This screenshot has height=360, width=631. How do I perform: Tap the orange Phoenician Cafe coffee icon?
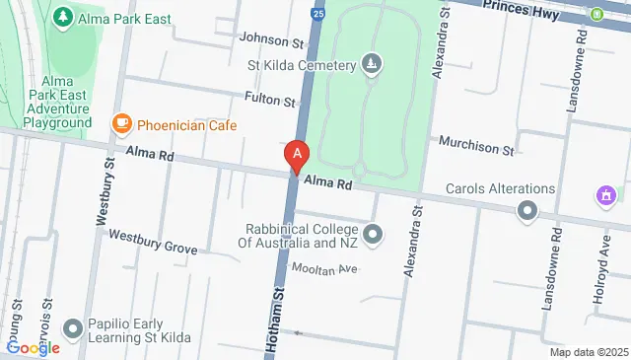click(122, 123)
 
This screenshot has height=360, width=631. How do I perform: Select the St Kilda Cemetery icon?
click(372, 66)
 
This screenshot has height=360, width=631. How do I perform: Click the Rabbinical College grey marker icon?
click(373, 235)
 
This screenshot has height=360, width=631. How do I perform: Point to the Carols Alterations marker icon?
click(527, 210)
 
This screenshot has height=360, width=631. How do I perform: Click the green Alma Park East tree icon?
click(62, 18)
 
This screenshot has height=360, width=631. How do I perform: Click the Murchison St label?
click(477, 150)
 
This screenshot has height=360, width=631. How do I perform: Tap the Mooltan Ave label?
click(321, 268)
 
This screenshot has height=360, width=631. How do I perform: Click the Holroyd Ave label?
click(605, 256)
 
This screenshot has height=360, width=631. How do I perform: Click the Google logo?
click(33, 347)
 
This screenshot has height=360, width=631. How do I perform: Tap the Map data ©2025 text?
click(588, 352)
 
